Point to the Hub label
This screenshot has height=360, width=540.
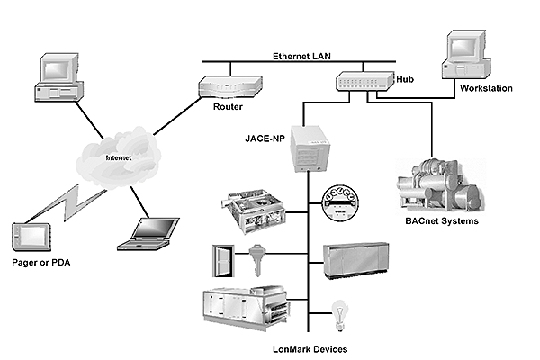[405, 80]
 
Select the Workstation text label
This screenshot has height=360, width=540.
[486, 89]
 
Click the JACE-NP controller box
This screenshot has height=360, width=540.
[310, 148]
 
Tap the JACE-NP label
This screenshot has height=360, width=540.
[265, 139]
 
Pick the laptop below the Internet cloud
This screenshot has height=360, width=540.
[146, 234]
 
